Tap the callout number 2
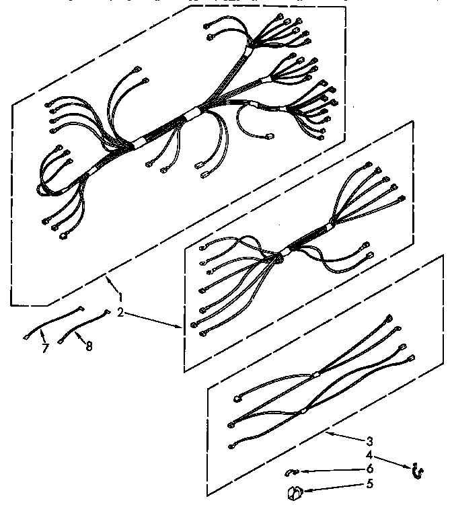(120, 313)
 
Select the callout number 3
(369, 441)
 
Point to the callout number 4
(369, 455)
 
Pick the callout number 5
(369, 483)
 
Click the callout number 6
(369, 469)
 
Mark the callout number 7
(45, 348)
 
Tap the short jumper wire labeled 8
(84, 325)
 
